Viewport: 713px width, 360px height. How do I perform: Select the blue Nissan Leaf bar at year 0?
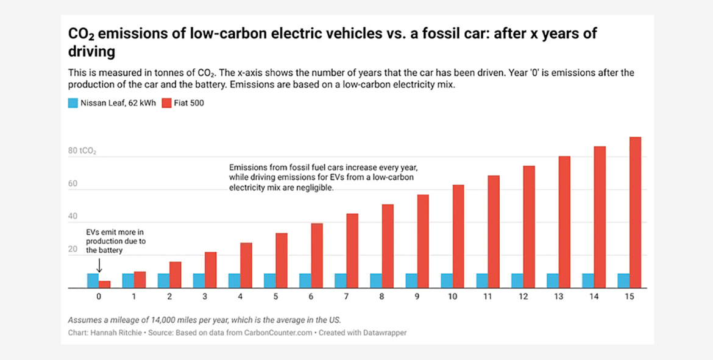pyautogui.click(x=93, y=280)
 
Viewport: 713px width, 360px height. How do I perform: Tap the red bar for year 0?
pyautogui.click(x=105, y=284)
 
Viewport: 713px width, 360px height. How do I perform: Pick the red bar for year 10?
pyautogui.click(x=458, y=236)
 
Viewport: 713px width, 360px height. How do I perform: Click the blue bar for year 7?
pyautogui.click(x=340, y=280)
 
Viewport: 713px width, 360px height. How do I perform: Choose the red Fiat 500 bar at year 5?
pyautogui.click(x=282, y=260)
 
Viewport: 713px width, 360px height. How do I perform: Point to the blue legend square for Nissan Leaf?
pyautogui.click(x=73, y=104)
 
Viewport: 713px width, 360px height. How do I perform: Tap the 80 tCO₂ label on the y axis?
pyautogui.click(x=82, y=150)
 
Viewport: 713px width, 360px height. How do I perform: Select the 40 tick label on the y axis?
pyautogui.click(x=73, y=217)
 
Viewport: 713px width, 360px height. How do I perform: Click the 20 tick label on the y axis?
pyautogui.click(x=73, y=250)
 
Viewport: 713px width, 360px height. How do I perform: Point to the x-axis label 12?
pyautogui.click(x=523, y=297)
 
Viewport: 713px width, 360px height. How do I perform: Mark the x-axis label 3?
pyautogui.click(x=205, y=297)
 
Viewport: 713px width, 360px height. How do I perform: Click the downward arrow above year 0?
pyautogui.click(x=99, y=265)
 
